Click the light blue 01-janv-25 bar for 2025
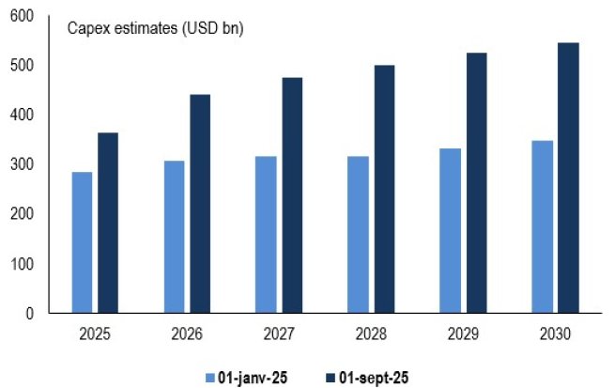click(x=82, y=242)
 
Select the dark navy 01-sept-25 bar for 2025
click(x=108, y=223)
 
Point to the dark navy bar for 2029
click(x=476, y=182)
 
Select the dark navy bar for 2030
click(x=568, y=178)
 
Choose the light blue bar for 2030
click(x=541, y=226)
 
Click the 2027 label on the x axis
click(x=278, y=334)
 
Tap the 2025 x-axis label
click(x=95, y=334)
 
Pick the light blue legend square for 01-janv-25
click(x=211, y=378)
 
